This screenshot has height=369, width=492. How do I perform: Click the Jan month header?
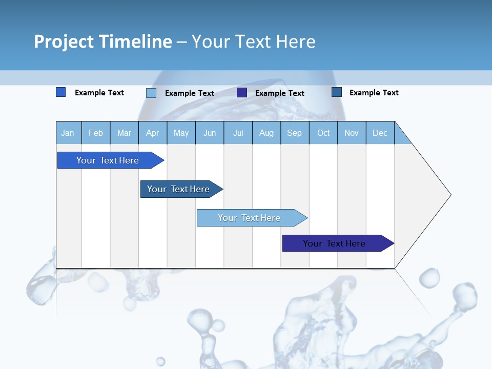(x=68, y=133)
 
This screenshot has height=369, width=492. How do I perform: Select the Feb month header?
(x=96, y=133)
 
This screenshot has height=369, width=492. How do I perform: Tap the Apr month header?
(x=152, y=133)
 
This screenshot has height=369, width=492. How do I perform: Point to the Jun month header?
(x=210, y=133)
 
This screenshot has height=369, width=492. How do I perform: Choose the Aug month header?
(x=266, y=133)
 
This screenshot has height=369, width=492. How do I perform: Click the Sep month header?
(x=294, y=133)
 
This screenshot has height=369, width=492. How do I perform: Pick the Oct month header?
(x=323, y=133)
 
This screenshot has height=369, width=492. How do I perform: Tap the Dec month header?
(x=380, y=133)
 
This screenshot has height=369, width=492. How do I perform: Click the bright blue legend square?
(x=60, y=92)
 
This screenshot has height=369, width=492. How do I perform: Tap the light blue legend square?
(x=151, y=93)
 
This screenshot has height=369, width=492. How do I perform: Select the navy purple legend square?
(x=242, y=93)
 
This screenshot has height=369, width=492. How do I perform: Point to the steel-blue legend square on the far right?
(x=337, y=92)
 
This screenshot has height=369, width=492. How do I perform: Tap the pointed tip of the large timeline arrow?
(x=449, y=195)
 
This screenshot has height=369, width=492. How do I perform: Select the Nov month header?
(x=351, y=133)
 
